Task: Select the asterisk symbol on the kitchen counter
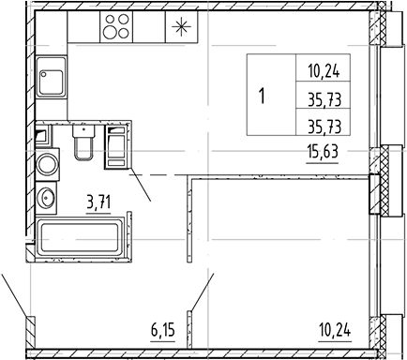coord(179,28)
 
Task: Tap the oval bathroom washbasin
coord(46,199)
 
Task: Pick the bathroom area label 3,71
coord(100,200)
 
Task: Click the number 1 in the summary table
coord(262,96)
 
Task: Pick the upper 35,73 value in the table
coord(323,95)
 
